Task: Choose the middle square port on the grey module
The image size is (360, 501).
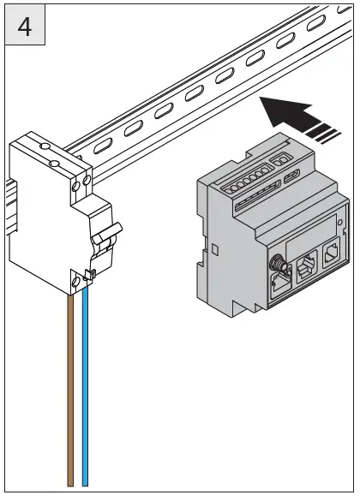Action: tap(304, 268)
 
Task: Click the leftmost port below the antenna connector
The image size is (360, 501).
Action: tap(281, 283)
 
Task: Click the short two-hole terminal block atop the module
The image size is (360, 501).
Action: tap(281, 159)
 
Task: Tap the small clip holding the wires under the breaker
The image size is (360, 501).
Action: tap(88, 276)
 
